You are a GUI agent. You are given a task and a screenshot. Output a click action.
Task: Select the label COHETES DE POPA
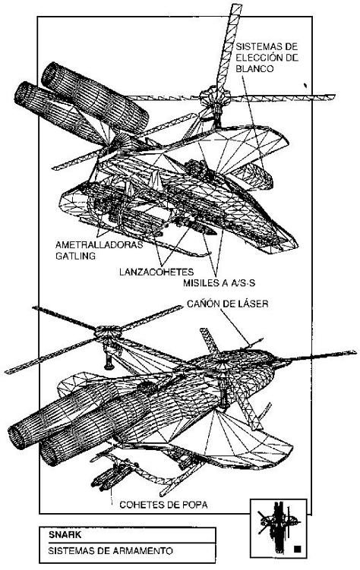(163, 505)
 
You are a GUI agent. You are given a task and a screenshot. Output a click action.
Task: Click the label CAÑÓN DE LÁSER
(228, 304)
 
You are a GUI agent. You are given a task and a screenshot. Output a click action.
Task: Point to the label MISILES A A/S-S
(219, 283)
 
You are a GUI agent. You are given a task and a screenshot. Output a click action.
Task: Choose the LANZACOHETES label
(156, 272)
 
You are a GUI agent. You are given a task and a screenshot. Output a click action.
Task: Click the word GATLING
(76, 256)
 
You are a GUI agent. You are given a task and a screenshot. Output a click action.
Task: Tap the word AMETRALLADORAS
(99, 244)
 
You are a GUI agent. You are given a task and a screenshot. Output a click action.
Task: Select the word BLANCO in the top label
(254, 68)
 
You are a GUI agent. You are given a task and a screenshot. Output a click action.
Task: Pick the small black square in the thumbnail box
(298, 549)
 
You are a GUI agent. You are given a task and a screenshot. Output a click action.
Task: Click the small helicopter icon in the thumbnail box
(277, 523)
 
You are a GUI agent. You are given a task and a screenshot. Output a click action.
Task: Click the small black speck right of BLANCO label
(305, 86)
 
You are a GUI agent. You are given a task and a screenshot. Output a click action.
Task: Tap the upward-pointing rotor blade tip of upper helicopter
(236, 6)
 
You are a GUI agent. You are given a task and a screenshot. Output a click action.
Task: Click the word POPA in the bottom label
(195, 505)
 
